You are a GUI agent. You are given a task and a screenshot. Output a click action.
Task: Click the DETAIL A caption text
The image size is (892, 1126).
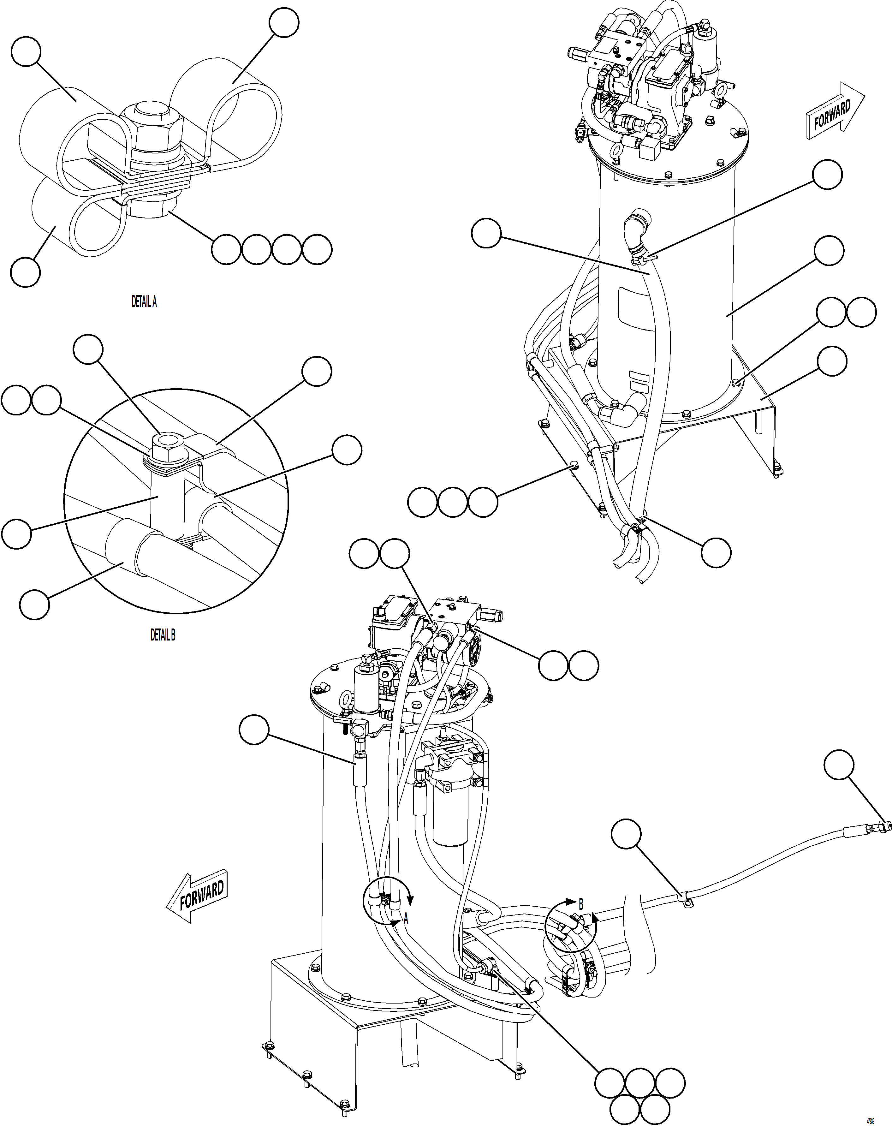144,302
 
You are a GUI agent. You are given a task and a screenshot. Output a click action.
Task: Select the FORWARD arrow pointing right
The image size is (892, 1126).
834,111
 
